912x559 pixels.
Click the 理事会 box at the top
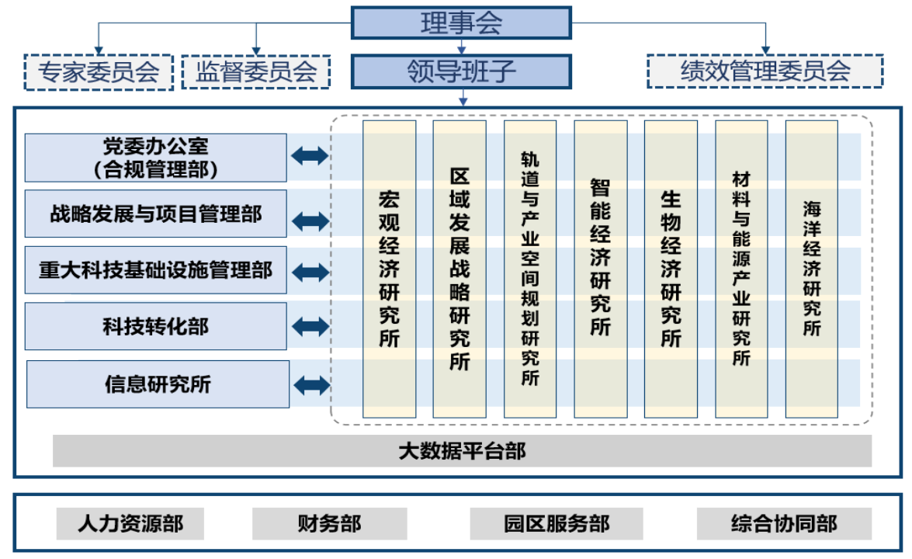[x=461, y=23]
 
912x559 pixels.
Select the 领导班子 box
[x=461, y=71]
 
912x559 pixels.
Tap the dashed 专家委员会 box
[x=99, y=72]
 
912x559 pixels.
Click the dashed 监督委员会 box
[x=255, y=72]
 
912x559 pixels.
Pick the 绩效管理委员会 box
[x=765, y=71]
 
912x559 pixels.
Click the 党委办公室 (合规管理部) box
[x=155, y=158]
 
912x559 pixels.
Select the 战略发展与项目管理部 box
[x=155, y=214]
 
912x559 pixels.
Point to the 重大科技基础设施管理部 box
[x=155, y=270]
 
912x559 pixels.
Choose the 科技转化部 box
[x=155, y=326]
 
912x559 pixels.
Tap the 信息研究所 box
[x=158, y=384]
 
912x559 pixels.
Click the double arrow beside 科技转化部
[x=310, y=326]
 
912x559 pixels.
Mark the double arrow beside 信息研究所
[x=312, y=384]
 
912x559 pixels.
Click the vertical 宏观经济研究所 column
[x=389, y=269]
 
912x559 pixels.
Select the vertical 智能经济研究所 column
[x=600, y=269]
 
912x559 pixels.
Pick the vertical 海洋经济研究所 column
[x=811, y=269]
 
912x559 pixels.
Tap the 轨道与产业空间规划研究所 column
[x=529, y=269]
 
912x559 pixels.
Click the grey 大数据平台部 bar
[x=462, y=451]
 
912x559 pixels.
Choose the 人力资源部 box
[x=130, y=523]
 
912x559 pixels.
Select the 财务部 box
[x=329, y=523]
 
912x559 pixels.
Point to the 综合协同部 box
[x=784, y=523]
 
